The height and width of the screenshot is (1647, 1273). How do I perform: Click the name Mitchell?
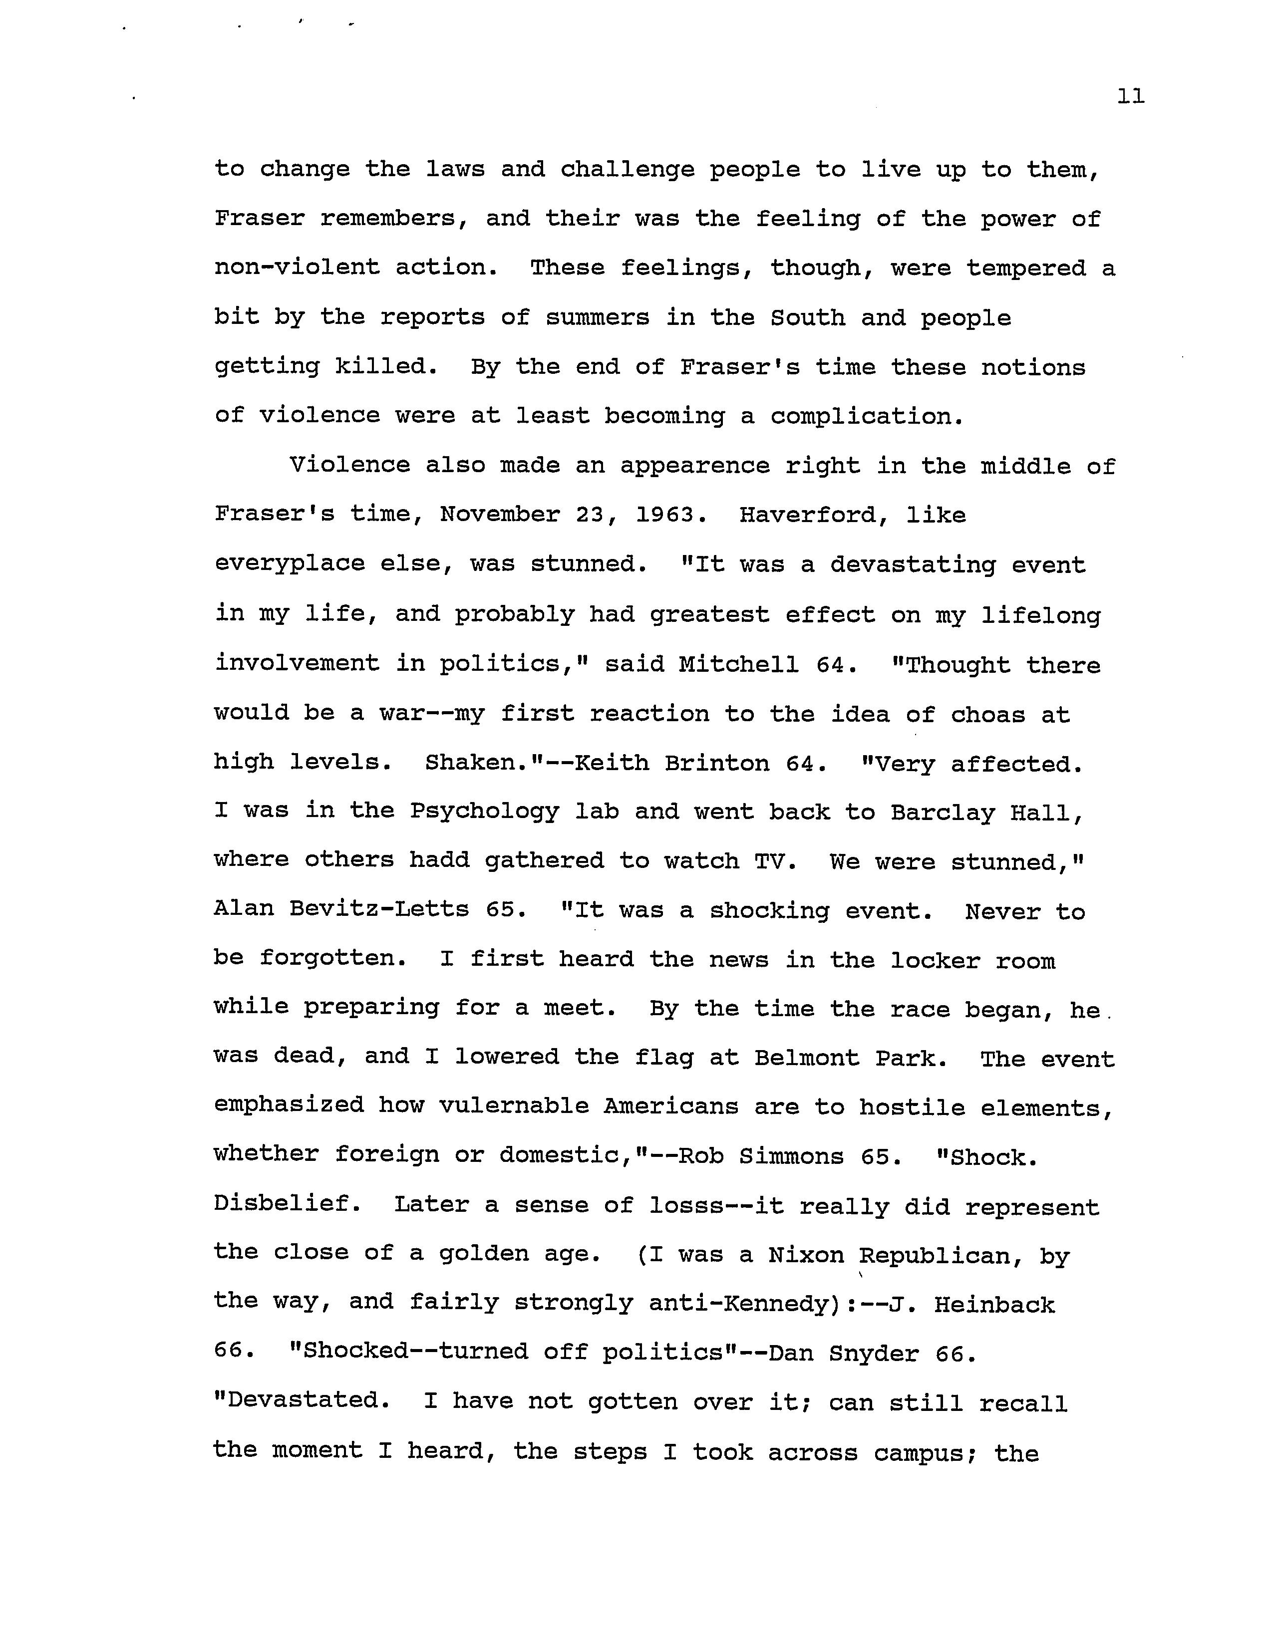point(738,664)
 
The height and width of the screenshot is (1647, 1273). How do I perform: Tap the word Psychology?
point(484,812)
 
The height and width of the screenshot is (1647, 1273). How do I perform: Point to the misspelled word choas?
point(988,714)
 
